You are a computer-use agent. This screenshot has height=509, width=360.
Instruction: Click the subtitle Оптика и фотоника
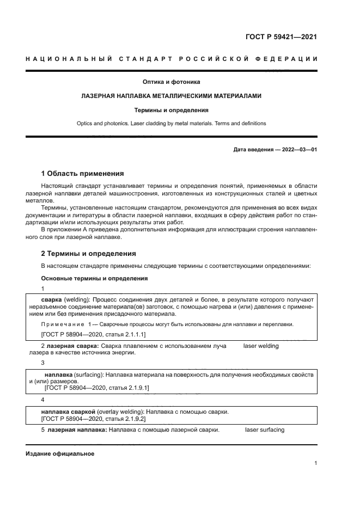tap(171, 82)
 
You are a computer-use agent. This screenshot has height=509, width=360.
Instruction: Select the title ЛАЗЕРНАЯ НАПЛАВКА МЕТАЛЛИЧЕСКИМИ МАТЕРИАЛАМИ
tap(171, 96)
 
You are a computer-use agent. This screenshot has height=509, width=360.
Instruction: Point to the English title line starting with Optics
tap(171, 124)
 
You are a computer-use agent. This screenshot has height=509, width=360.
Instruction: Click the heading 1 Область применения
tap(83, 174)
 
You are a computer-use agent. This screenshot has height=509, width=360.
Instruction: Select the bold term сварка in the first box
tap(51, 300)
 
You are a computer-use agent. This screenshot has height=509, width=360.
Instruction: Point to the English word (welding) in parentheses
tap(77, 300)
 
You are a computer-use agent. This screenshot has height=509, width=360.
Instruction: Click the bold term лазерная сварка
tap(72, 346)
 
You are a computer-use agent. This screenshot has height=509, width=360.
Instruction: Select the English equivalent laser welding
tap(260, 346)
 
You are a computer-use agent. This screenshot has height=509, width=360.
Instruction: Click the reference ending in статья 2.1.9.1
tap(96, 388)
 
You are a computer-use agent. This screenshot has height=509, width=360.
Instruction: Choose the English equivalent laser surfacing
tap(265, 430)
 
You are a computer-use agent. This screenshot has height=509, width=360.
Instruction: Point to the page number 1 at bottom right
tap(315, 463)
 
